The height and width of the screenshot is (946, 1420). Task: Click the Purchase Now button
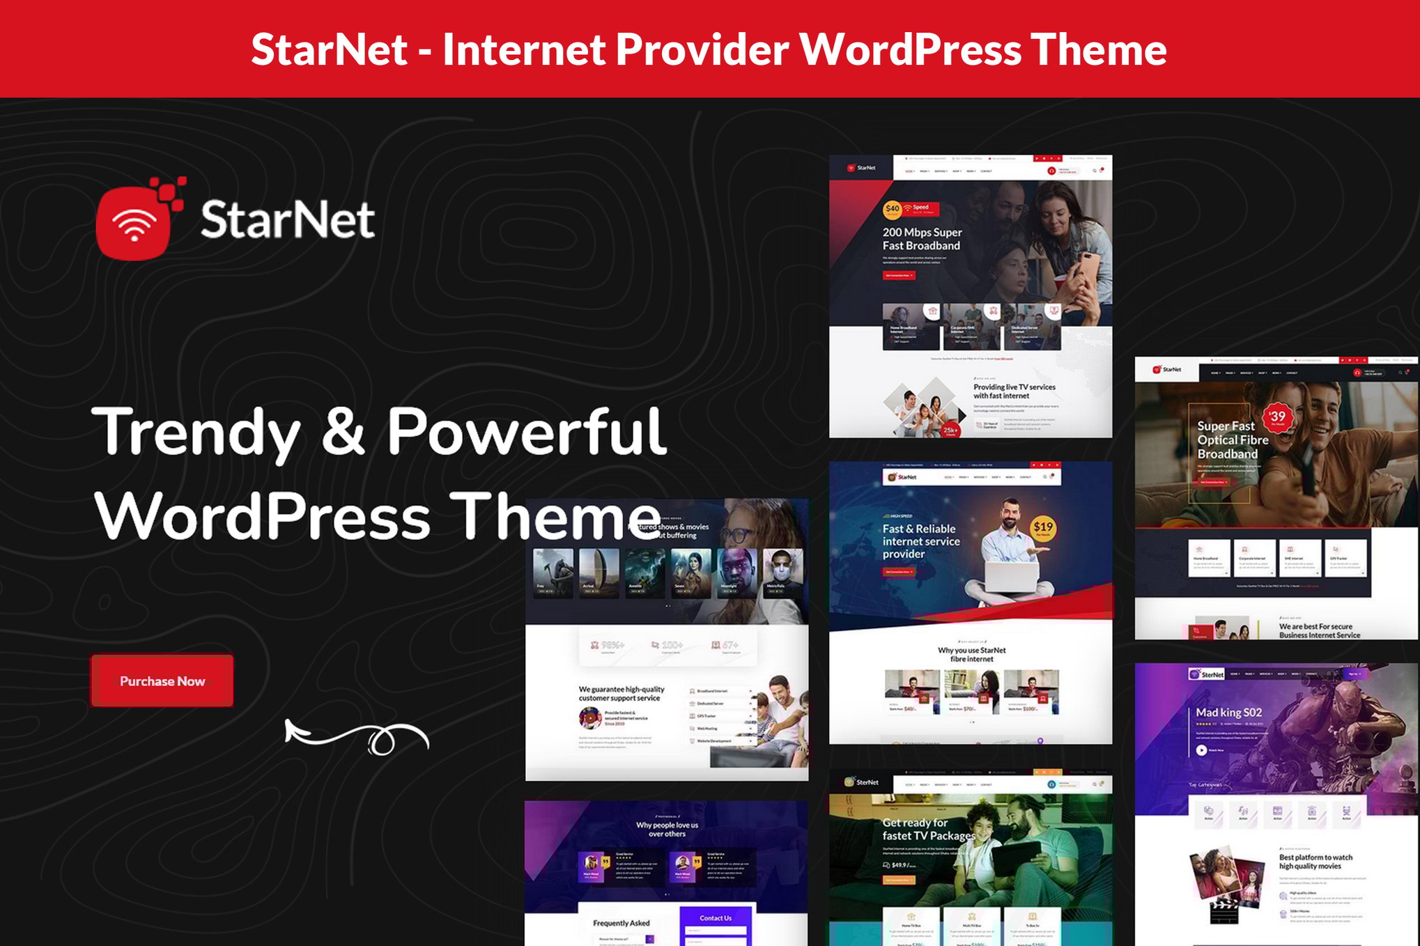162,681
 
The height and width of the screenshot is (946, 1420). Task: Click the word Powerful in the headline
526,432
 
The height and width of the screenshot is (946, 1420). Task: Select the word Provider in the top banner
702,49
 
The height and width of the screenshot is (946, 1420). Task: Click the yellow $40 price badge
892,209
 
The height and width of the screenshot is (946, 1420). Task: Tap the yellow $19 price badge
1043,528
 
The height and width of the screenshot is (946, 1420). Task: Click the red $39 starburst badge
1278,417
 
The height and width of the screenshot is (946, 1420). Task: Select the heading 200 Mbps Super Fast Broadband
922,239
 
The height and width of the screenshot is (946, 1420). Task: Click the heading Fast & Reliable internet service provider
920,541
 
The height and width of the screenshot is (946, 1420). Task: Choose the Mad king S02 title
1228,712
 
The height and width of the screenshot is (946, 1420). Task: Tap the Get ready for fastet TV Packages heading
927,829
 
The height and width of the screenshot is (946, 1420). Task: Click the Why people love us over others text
667,829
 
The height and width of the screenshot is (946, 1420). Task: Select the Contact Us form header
716,917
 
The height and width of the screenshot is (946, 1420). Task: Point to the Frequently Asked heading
621,923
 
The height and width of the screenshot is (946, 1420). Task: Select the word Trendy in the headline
196,432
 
